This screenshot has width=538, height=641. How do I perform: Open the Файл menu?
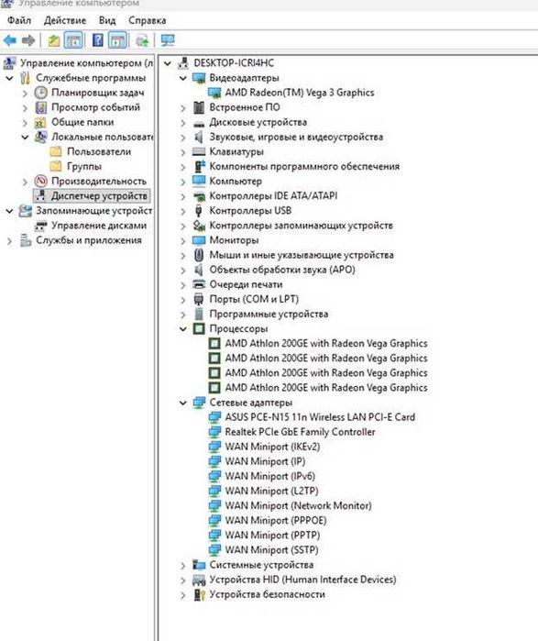(x=19, y=20)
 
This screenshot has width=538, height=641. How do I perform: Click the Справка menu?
(x=147, y=20)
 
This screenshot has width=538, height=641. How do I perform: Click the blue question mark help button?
(x=98, y=40)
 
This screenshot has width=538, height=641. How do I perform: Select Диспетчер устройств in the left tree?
(x=99, y=196)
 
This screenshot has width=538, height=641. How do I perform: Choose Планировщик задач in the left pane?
(x=98, y=93)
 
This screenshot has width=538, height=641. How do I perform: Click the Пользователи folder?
(x=99, y=151)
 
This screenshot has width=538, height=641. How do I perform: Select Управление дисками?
(x=98, y=226)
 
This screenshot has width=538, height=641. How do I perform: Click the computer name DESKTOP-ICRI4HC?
(x=234, y=63)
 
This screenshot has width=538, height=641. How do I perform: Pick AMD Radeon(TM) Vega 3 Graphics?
(x=300, y=93)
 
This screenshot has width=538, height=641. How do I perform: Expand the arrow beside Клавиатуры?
(x=183, y=152)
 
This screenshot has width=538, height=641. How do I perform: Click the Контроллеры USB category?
(x=250, y=211)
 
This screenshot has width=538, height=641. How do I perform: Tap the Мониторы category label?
(x=234, y=240)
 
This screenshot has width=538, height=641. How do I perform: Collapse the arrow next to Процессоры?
(x=183, y=328)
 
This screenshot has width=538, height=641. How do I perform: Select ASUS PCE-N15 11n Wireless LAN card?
(x=320, y=417)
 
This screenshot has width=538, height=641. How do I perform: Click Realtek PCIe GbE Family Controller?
(x=300, y=432)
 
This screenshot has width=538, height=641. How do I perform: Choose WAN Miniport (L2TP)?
(x=271, y=491)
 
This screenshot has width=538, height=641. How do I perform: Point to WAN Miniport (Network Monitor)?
(x=298, y=505)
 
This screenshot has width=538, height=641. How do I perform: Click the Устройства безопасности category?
(x=267, y=594)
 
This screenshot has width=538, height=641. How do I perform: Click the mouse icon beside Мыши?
(x=199, y=255)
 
